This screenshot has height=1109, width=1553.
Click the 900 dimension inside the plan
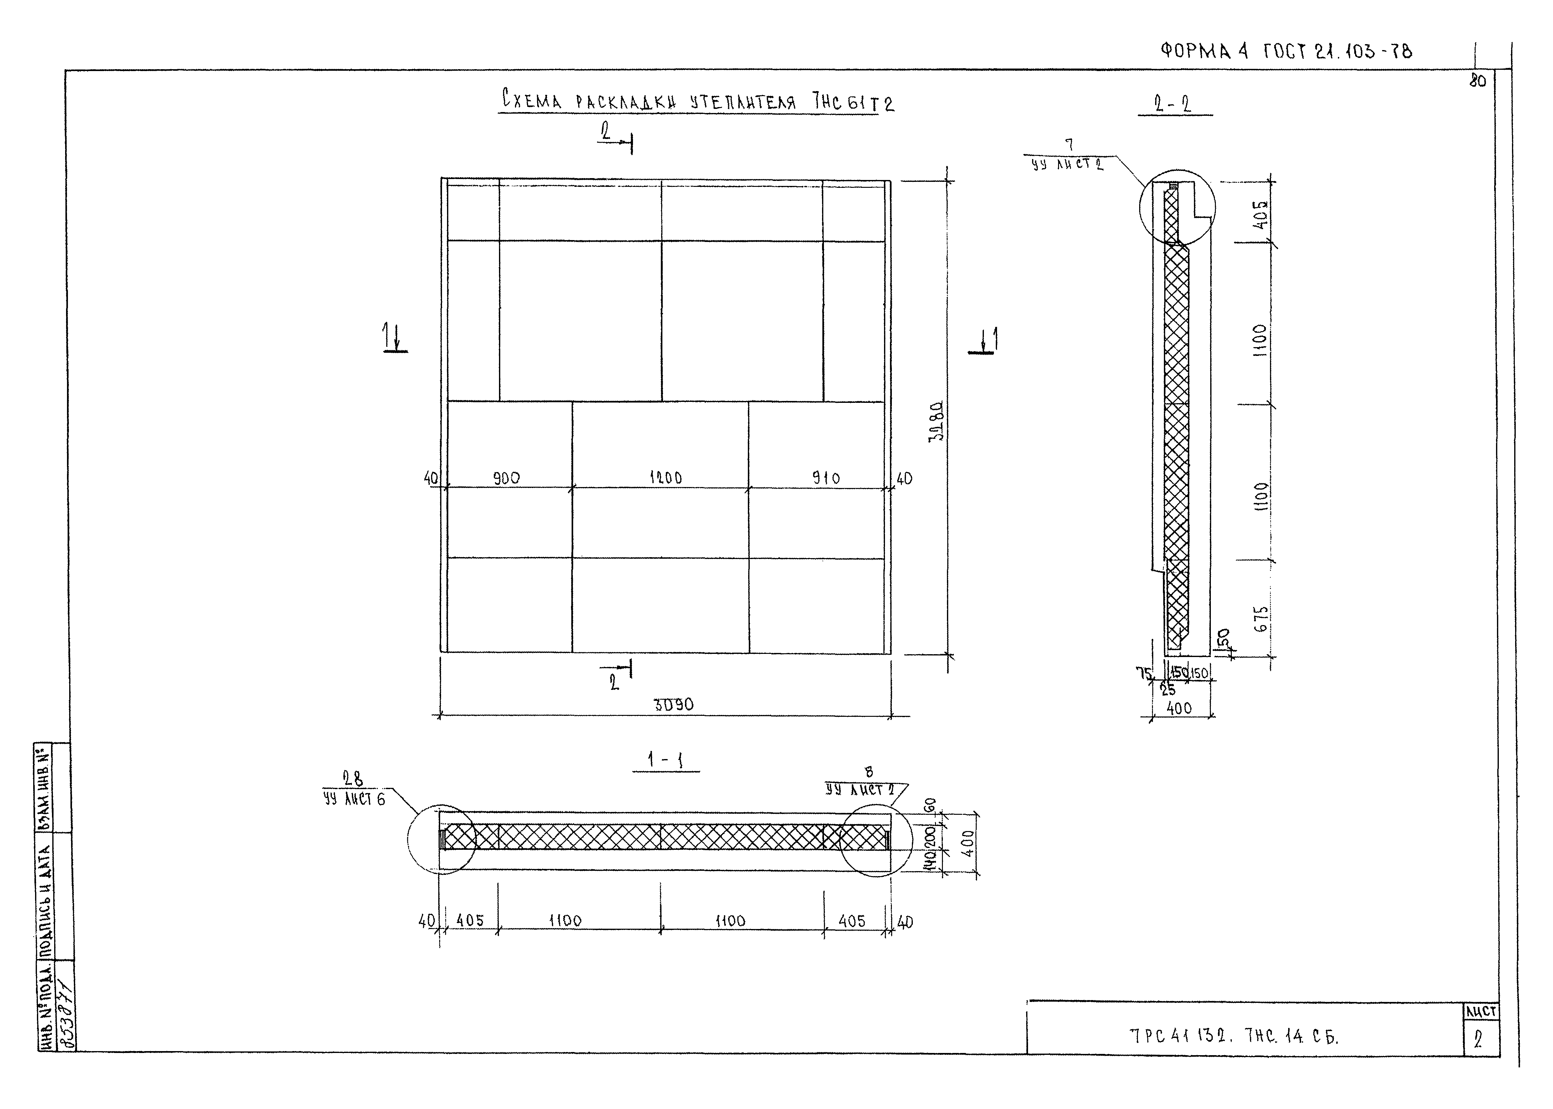(x=506, y=478)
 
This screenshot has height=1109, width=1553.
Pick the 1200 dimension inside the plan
(x=665, y=478)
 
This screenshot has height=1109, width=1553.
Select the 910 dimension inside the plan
(x=826, y=478)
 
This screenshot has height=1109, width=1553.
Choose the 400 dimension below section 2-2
(x=1179, y=708)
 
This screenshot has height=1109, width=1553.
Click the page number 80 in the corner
(x=1477, y=80)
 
